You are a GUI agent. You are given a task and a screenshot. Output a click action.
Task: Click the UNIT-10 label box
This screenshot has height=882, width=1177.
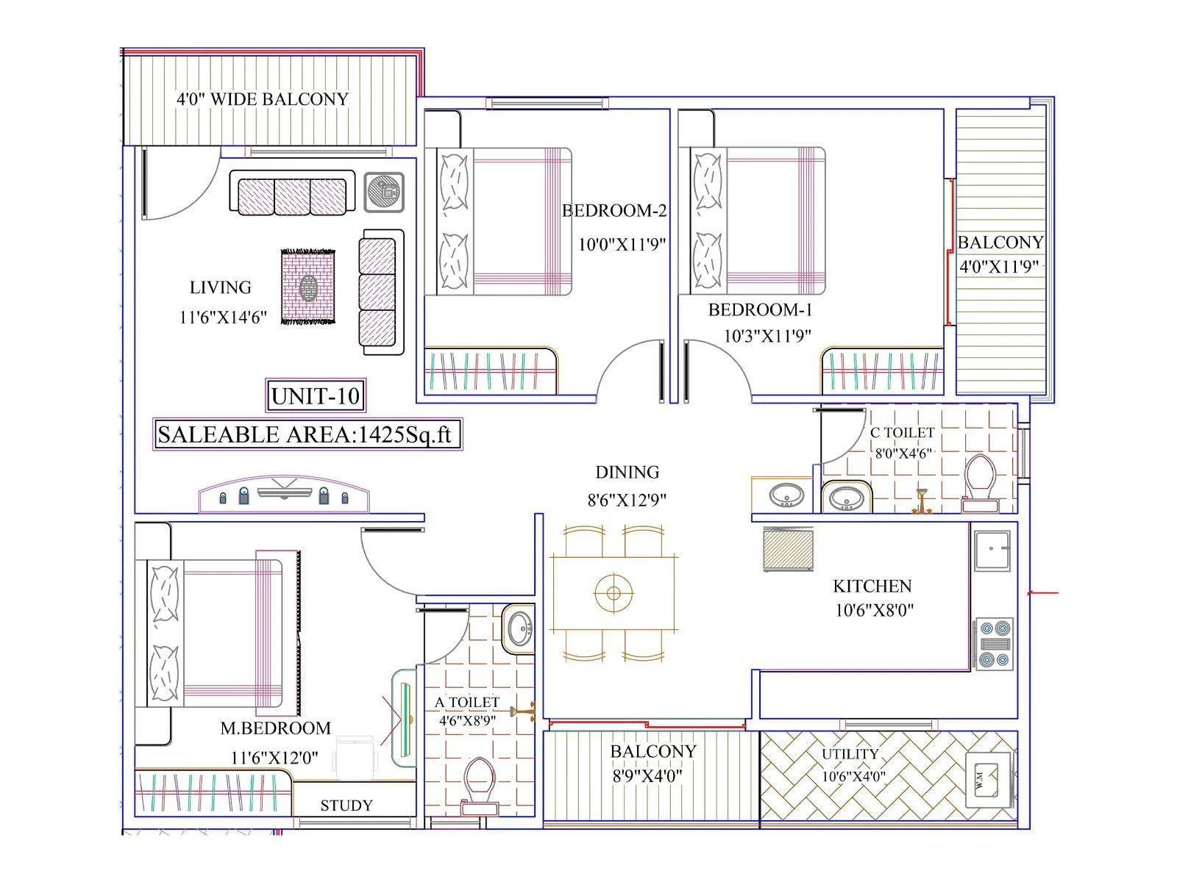point(315,396)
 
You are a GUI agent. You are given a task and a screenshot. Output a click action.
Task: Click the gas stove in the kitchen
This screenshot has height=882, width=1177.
point(994,644)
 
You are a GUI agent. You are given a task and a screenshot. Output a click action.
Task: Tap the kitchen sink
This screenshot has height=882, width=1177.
point(992,549)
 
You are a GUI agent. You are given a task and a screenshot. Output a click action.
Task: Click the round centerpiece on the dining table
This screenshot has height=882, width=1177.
point(614,593)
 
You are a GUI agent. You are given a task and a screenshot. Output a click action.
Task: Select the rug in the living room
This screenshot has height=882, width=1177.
point(309,287)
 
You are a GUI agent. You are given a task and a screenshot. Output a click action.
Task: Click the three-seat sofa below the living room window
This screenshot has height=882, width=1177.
point(292,193)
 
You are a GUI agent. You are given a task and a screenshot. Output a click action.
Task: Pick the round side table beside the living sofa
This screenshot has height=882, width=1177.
point(384,193)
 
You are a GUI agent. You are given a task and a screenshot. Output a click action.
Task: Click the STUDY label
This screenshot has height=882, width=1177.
point(346,806)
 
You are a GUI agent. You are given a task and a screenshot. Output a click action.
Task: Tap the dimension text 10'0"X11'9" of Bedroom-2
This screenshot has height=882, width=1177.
point(622,244)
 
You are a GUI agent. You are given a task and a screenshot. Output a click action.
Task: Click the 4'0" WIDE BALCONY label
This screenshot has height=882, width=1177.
point(262,99)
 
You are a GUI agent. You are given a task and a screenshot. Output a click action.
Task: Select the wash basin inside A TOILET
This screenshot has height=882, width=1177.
point(521,628)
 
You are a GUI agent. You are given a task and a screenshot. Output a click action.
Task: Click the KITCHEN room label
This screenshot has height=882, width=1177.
point(872,586)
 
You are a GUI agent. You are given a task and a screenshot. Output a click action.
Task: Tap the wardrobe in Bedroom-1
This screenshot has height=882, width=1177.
point(882,372)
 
